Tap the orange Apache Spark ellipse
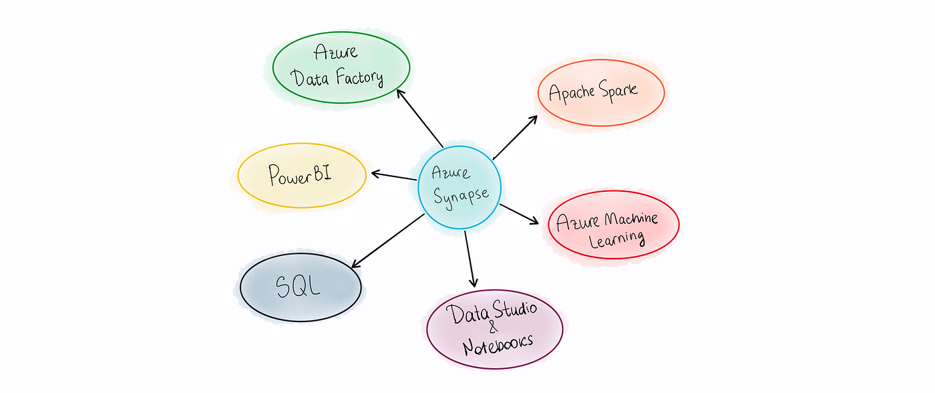pyautogui.click(x=600, y=92)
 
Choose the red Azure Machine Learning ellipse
pyautogui.click(x=612, y=225)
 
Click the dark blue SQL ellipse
pyautogui.click(x=300, y=287)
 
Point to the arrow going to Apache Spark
pyautogui.click(x=516, y=137)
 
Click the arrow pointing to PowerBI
pyautogui.click(x=394, y=176)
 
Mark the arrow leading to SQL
pyautogui.click(x=387, y=241)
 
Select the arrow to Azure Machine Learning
pyautogui.click(x=519, y=214)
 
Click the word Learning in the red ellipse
pyautogui.click(x=616, y=238)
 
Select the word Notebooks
pyautogui.click(x=498, y=342)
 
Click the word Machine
pyautogui.click(x=631, y=218)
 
